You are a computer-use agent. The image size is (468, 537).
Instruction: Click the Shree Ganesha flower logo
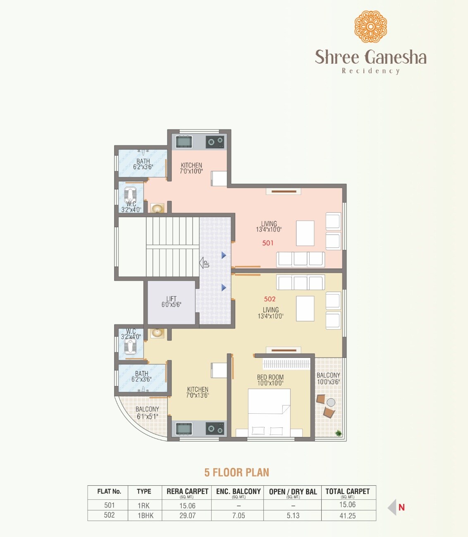(370, 27)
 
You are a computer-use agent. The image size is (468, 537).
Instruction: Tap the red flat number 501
(268, 243)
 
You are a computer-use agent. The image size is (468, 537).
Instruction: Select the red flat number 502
(270, 299)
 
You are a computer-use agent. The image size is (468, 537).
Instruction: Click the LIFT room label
(171, 302)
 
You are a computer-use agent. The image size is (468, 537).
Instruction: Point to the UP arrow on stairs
(205, 263)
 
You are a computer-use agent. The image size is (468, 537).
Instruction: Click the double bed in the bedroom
(269, 412)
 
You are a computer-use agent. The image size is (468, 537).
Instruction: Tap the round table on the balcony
(331, 402)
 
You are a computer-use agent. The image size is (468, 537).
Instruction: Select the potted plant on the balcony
(339, 433)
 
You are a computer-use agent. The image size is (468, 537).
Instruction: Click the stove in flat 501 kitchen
(215, 142)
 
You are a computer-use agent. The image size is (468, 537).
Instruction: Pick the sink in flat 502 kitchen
(184, 429)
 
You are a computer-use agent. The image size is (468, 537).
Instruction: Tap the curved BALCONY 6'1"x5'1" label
(147, 413)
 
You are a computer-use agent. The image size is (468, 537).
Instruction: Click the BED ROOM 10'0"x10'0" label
(270, 380)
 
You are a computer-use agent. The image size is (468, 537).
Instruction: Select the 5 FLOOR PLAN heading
(236, 472)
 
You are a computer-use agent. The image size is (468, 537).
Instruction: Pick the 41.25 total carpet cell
(347, 516)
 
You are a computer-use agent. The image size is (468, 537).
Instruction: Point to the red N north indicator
(401, 507)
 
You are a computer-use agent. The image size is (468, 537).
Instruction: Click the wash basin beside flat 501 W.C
(157, 209)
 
